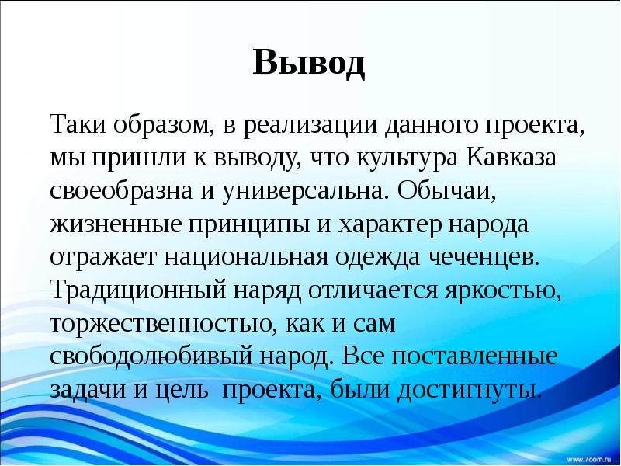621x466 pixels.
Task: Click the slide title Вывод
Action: (309, 62)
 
